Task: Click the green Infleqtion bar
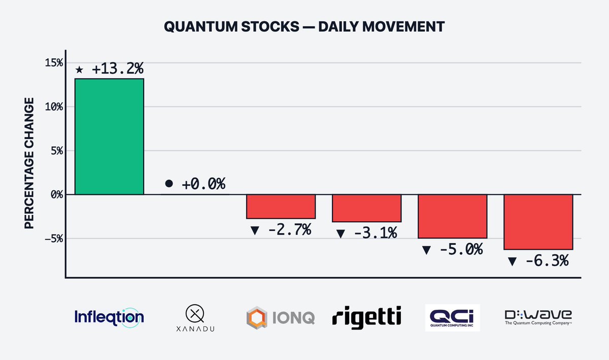pyautogui.click(x=109, y=137)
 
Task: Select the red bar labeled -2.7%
pyautogui.click(x=281, y=206)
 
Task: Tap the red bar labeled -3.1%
pyautogui.click(x=366, y=208)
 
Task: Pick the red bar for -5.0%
pyautogui.click(x=452, y=216)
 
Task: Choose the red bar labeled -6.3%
pyautogui.click(x=538, y=222)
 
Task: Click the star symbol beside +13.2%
pyautogui.click(x=79, y=70)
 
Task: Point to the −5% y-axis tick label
pyautogui.click(x=52, y=238)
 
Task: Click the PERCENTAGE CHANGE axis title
pyautogui.click(x=29, y=163)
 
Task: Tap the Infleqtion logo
pyautogui.click(x=109, y=317)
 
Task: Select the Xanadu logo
pyautogui.click(x=195, y=318)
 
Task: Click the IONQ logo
pyautogui.click(x=281, y=318)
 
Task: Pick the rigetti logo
pyautogui.click(x=366, y=317)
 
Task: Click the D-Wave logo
pyautogui.click(x=538, y=317)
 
